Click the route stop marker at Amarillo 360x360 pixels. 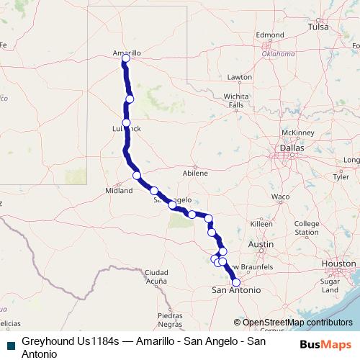point(126,58)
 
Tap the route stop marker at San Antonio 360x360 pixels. point(235,282)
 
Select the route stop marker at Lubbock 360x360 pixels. point(127,123)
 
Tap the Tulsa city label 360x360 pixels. point(318,27)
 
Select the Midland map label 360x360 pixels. point(119,191)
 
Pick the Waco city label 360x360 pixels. point(280,197)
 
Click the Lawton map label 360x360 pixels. point(239,77)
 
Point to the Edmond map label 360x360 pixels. point(270,35)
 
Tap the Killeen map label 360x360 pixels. point(261,225)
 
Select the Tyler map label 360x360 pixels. point(340,176)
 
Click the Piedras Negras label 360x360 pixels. point(171,319)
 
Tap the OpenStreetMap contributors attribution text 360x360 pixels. point(297,323)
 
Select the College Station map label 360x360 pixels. point(307,228)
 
